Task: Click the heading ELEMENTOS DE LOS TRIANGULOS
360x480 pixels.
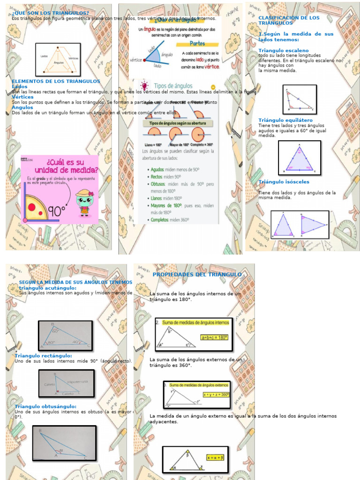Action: [56, 81]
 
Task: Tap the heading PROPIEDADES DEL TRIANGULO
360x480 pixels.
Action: [197, 274]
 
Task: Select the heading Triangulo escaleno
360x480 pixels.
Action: [284, 50]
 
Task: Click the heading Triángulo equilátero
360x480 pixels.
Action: [285, 120]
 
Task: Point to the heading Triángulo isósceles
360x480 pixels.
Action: [284, 182]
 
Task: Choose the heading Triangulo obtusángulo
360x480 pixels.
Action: [45, 406]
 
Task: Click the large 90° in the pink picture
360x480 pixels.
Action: [57, 211]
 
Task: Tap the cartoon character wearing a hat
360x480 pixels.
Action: [84, 202]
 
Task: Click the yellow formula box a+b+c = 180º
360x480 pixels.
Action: [214, 337]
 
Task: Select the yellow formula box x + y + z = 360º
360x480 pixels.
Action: [216, 395]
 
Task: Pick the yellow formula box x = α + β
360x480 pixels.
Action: [216, 457]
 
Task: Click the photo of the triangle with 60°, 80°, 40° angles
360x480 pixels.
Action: [65, 336]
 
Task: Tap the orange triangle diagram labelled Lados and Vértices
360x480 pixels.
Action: [58, 60]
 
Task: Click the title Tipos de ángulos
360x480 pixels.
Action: [173, 86]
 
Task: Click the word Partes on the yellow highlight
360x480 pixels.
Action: [197, 44]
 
